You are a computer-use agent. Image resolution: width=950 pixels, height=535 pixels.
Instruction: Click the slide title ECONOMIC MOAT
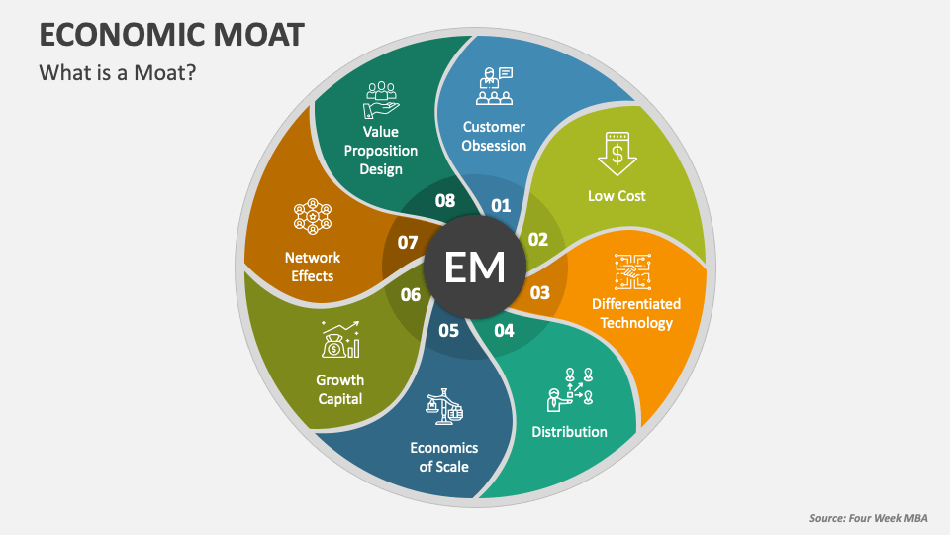coord(170,33)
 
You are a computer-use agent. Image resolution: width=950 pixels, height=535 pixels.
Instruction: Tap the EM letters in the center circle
coord(475,267)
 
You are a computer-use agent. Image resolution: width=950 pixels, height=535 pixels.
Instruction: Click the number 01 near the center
coord(501,205)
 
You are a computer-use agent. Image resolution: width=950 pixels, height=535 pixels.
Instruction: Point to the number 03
coord(540,293)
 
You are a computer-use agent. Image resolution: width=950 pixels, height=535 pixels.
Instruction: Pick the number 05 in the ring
coord(448,330)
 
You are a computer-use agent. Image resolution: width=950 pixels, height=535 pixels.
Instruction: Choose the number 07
coord(408,242)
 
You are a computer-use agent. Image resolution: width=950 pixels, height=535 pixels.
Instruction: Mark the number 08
coord(445,201)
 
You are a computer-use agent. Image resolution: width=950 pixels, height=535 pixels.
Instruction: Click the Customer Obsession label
coord(494,136)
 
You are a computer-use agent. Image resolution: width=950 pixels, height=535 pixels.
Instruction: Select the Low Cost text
coord(617,195)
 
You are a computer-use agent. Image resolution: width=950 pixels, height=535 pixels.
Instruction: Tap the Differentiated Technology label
coord(636,313)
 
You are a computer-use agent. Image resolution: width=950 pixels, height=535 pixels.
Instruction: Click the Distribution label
coord(569,431)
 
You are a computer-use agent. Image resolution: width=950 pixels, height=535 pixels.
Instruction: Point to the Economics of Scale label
coord(444,457)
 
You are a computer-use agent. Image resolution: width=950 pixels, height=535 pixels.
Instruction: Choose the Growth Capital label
coord(339,389)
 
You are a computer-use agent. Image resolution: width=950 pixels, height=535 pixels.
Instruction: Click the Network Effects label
coord(313,267)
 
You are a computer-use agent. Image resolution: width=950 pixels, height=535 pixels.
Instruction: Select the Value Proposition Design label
coord(381,150)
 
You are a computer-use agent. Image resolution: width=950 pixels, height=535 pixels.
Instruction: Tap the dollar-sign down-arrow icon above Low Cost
coord(617,155)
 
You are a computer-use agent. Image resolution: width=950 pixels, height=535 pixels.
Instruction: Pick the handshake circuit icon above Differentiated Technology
coord(635,270)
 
